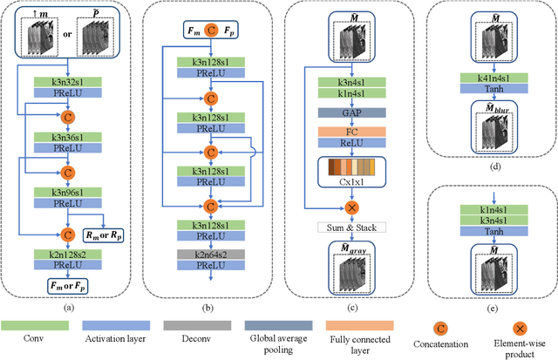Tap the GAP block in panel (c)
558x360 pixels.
tap(339, 112)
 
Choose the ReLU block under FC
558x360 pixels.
tap(339, 145)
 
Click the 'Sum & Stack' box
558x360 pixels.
tap(339, 228)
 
